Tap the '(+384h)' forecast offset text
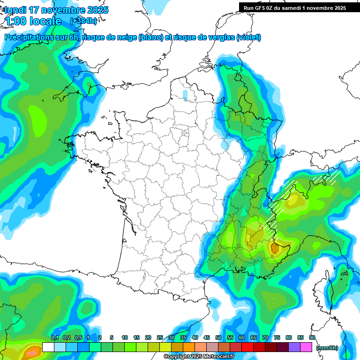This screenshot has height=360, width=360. tap(83, 21)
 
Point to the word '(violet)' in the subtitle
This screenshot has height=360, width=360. tap(248, 37)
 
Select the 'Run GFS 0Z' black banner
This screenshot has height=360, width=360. tap(294, 7)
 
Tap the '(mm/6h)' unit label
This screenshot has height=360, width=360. tap(327, 347)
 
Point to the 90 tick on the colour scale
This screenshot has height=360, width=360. tap(312, 337)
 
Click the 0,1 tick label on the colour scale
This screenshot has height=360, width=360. tap(54, 337)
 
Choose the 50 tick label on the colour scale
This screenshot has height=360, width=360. tap(218, 337)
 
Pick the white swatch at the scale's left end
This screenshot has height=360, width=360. tap(48, 347)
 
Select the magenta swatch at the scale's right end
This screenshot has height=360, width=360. tap(306, 347)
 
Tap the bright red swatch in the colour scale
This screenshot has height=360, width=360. tap(247, 347)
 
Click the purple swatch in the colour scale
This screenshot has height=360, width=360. tap(294, 347)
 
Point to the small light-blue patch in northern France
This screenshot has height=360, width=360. tap(185, 95)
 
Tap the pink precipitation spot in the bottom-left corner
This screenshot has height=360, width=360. tap(33, 350)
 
